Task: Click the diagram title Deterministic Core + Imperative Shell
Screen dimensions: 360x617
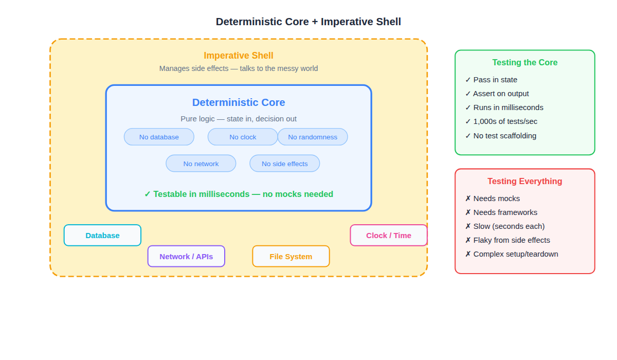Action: click(308, 22)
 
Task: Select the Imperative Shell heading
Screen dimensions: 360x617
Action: click(239, 56)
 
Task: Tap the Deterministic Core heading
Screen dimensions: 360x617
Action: click(239, 102)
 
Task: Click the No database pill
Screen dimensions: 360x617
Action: click(159, 137)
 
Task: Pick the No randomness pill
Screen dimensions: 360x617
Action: click(313, 137)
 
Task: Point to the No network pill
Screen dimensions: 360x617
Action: click(201, 164)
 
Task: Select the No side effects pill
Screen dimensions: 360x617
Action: click(284, 164)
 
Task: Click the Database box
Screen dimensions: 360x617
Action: click(102, 236)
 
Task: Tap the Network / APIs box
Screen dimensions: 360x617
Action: click(186, 257)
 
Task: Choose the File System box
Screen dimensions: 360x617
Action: click(291, 257)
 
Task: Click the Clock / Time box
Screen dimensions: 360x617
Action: click(389, 236)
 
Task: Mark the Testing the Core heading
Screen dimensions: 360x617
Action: click(525, 63)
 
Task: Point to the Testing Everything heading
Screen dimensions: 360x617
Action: click(525, 182)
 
